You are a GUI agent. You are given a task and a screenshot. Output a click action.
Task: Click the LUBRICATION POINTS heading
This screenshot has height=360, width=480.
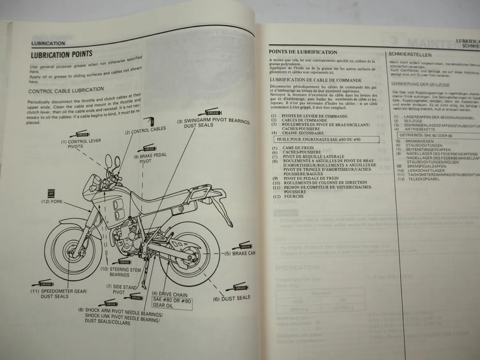tap(61, 55)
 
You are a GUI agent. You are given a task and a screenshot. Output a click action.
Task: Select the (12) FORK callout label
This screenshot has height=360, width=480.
tap(52, 202)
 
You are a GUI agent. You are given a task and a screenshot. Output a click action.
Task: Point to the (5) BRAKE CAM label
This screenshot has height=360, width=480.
tap(243, 253)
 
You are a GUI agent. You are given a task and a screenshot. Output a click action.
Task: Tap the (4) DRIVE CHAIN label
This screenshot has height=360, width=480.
tap(170, 294)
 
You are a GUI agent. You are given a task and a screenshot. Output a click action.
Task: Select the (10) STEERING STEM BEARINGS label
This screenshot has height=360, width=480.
tap(120, 272)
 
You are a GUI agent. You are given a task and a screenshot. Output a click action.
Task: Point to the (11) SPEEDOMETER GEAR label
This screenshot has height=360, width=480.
tap(58, 294)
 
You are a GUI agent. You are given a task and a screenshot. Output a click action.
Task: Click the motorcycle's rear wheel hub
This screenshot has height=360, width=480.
tap(192, 253)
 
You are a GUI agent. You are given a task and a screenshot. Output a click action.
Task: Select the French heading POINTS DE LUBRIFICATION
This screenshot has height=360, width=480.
tap(303, 52)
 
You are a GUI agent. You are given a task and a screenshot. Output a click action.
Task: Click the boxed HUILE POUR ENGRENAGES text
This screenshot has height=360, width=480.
tap(326, 140)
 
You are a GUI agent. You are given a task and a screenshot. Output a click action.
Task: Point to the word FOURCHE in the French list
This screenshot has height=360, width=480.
tap(294, 196)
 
